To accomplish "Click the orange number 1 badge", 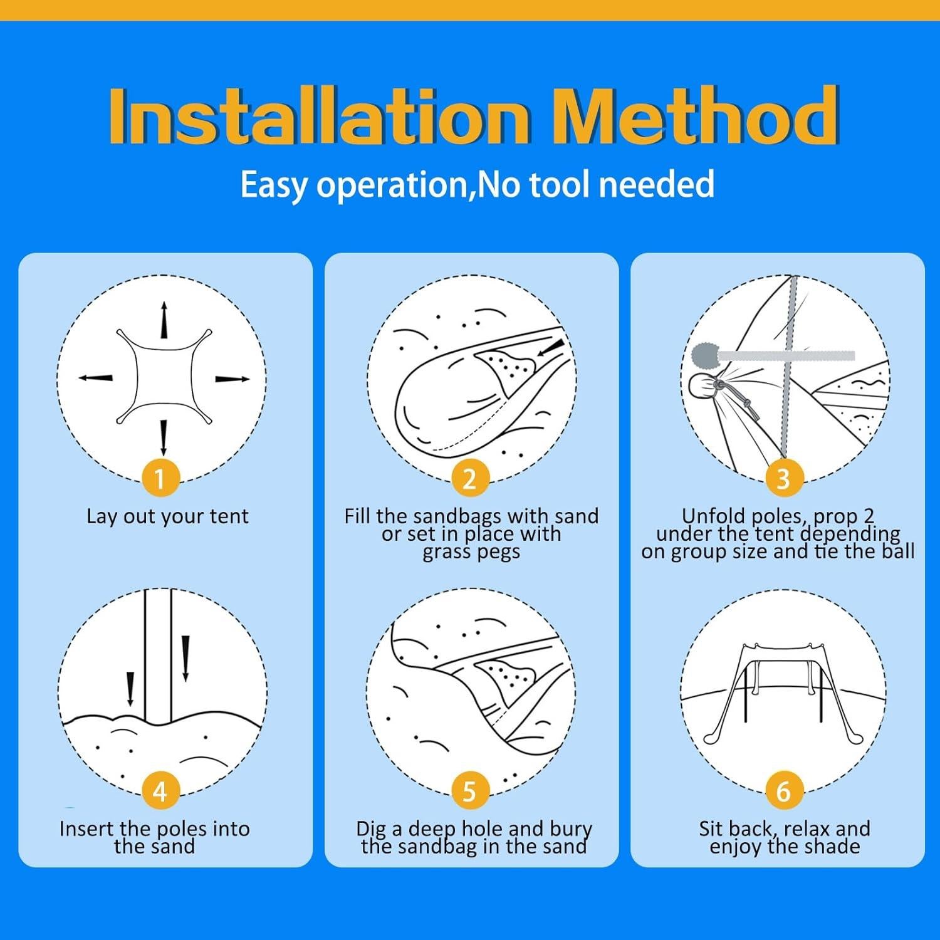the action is pyautogui.click(x=160, y=479).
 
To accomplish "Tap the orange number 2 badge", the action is pyautogui.click(x=469, y=479).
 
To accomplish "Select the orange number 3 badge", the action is pyautogui.click(x=783, y=479).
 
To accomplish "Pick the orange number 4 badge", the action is pyautogui.click(x=160, y=791).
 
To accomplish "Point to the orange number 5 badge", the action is pyautogui.click(x=469, y=791).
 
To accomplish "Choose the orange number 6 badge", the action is pyautogui.click(x=783, y=791).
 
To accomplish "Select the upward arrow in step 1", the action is pyautogui.click(x=164, y=320).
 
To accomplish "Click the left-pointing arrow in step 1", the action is pyautogui.click(x=95, y=378).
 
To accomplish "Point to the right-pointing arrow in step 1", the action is pyautogui.click(x=232, y=379).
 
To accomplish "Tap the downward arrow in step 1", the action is pyautogui.click(x=164, y=437).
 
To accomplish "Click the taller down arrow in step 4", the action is pyautogui.click(x=185, y=659).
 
